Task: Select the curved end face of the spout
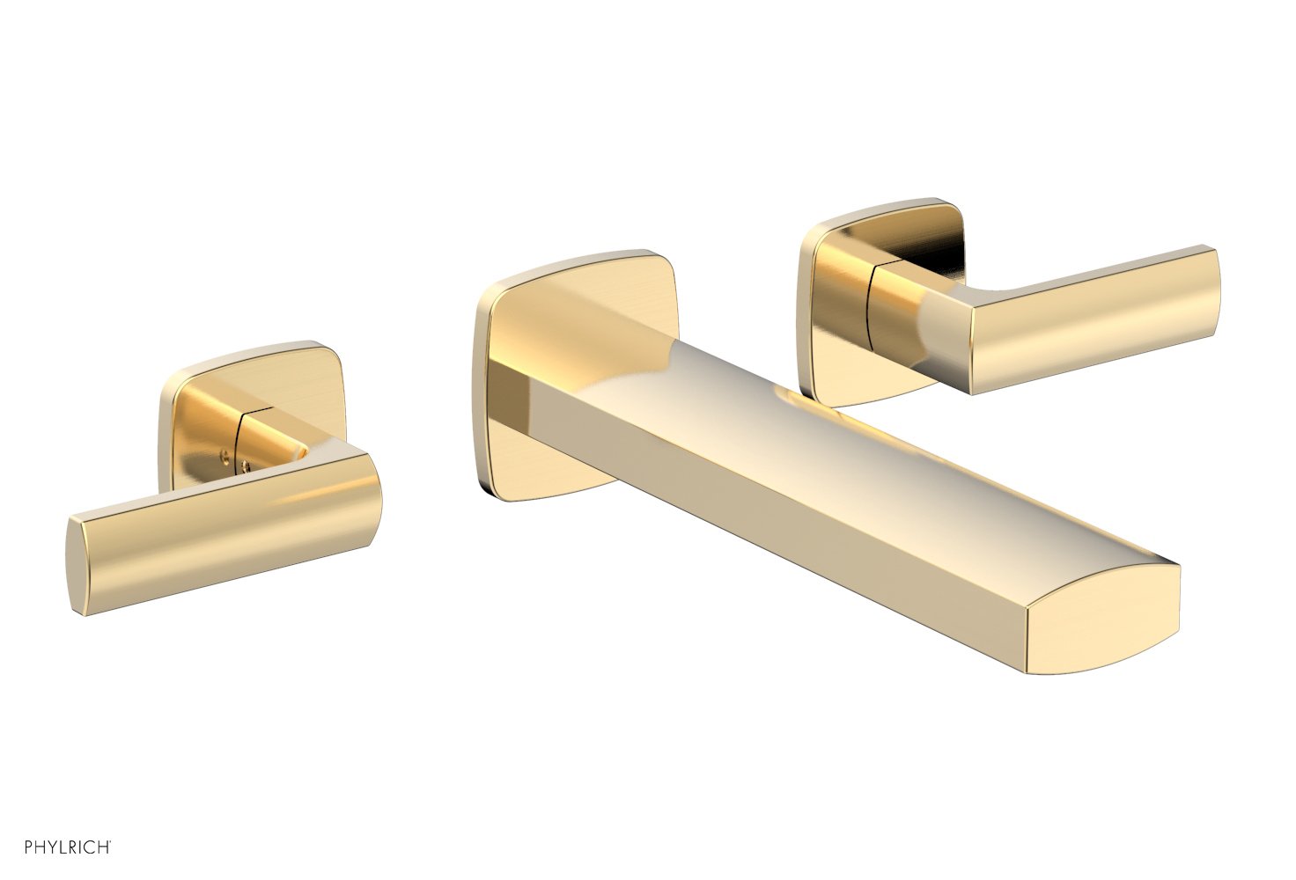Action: tap(1105, 634)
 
